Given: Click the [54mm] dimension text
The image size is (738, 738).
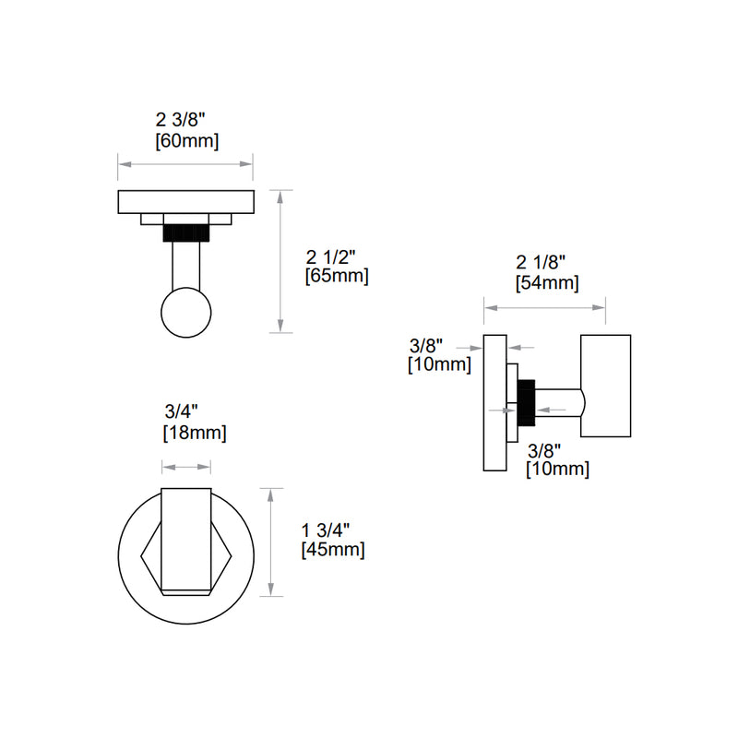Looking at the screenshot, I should click(x=546, y=283).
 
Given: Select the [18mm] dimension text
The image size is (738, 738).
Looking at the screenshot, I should click(x=194, y=432).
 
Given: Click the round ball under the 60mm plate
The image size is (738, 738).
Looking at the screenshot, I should click(x=186, y=313).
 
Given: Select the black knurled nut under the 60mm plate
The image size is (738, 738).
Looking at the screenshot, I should click(x=186, y=232).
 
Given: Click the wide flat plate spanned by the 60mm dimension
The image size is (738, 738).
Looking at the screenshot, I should click(x=186, y=201).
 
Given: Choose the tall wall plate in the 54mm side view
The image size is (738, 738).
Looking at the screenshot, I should click(x=495, y=402).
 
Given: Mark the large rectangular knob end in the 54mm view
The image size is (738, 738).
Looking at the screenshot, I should click(x=605, y=386).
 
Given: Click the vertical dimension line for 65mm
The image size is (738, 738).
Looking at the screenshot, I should click(x=280, y=260).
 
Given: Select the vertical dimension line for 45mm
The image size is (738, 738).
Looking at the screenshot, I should click(x=269, y=542).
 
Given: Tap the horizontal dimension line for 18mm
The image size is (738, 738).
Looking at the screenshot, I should click(x=186, y=468).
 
